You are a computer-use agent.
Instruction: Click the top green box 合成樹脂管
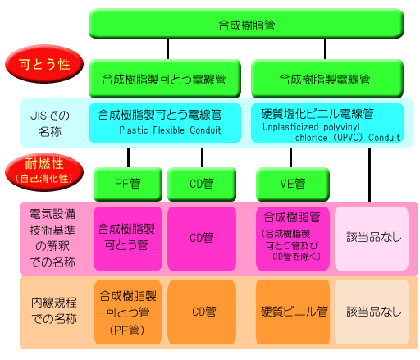[x=246, y=24]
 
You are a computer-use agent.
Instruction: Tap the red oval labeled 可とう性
[x=44, y=64]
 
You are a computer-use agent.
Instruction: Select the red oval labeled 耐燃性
[x=44, y=171]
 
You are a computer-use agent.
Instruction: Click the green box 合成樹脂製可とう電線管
[x=165, y=79]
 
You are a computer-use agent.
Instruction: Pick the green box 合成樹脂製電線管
[x=327, y=79]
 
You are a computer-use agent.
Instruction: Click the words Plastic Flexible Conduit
[x=171, y=130]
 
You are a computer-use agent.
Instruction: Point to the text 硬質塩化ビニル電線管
[x=317, y=114]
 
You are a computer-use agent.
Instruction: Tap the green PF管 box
[x=128, y=184]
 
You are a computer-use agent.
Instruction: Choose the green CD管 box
[x=202, y=184]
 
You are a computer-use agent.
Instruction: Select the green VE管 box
[x=293, y=184]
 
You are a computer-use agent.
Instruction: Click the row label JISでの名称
[x=50, y=124]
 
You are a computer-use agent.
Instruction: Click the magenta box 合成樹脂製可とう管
[x=128, y=239]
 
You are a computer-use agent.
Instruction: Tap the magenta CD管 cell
[x=202, y=239]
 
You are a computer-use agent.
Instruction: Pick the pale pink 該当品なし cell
[x=372, y=239]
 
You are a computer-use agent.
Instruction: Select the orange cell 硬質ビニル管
[x=293, y=312]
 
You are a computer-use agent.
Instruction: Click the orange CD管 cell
[x=202, y=312]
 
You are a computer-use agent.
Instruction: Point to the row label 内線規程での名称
[x=54, y=311]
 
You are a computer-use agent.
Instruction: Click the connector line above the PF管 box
[x=128, y=157]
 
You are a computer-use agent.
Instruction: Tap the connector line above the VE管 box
[x=290, y=157]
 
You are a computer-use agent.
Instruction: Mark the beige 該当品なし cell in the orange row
[x=372, y=312]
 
